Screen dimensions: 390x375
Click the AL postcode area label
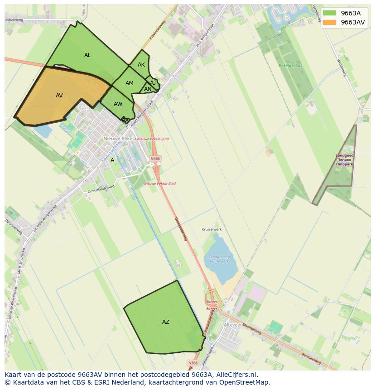coord(87,55)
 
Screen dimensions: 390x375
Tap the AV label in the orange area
coord(59,96)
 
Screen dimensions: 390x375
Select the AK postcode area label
coord(141,65)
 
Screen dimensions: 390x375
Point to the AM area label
coord(130,83)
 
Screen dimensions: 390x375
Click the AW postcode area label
coord(118,104)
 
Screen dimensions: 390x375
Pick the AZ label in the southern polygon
coord(166,322)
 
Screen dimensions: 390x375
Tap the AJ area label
coord(153,82)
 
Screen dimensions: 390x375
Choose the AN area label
coord(148,89)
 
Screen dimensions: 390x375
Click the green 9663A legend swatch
coord(329,13)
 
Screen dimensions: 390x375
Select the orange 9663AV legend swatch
coord(329,22)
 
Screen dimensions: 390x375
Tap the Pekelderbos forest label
coord(291,66)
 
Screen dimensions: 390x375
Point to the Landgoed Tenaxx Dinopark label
coord(345,160)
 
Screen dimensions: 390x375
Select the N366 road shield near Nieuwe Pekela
coord(155,159)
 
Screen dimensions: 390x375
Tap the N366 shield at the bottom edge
coord(193,363)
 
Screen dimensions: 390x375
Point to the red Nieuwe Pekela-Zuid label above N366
coord(153,139)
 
